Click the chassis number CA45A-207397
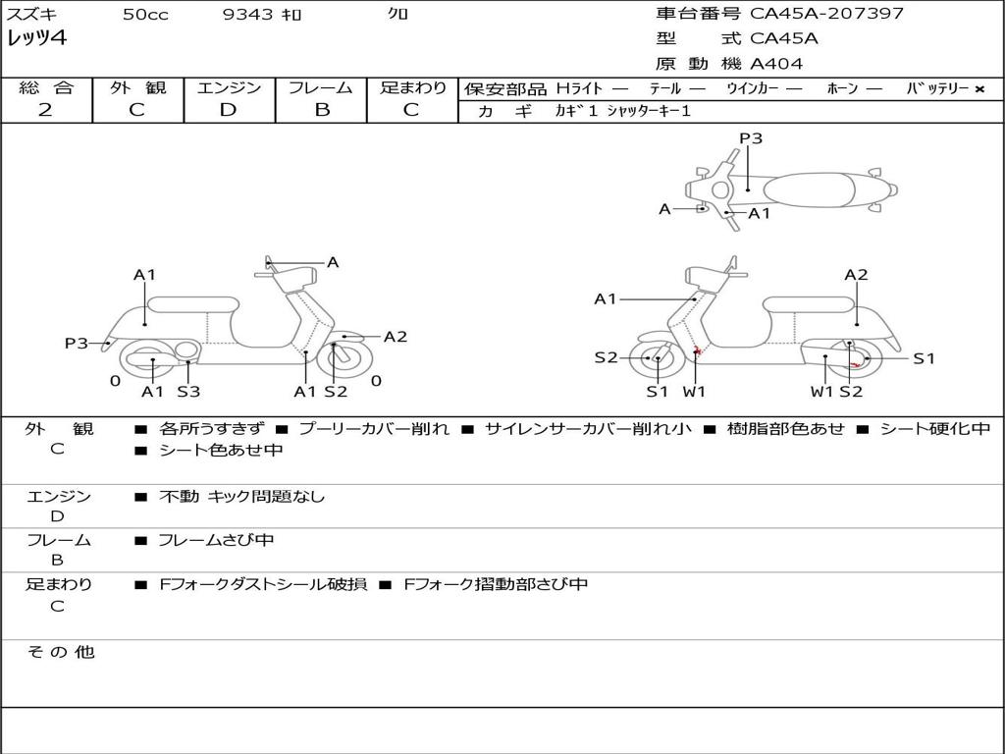[826, 14]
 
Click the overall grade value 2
[45, 110]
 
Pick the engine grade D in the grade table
[229, 110]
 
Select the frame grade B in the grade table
[321, 110]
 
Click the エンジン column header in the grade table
[229, 87]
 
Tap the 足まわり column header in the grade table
[412, 87]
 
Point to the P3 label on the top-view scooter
[751, 138]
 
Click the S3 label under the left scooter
[188, 392]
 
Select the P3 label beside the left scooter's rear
[77, 343]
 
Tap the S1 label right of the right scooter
[925, 358]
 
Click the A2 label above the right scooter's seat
[856, 275]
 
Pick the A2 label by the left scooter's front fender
[395, 337]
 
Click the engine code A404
[776, 64]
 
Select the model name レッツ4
[36, 39]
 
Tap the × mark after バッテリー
[979, 88]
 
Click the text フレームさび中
[216, 540]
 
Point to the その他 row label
[60, 652]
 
